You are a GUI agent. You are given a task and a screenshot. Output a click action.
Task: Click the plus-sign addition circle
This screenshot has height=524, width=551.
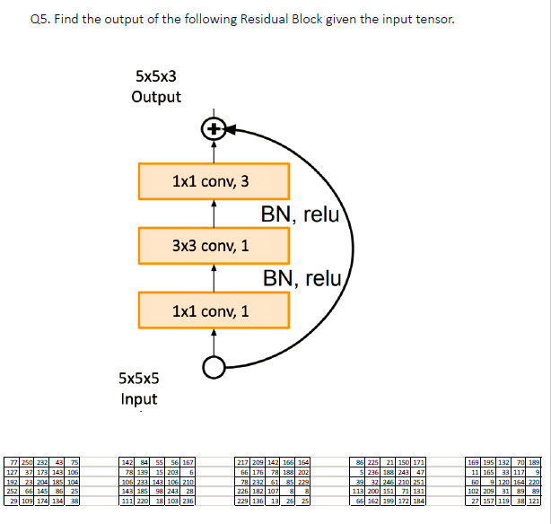coord(214,129)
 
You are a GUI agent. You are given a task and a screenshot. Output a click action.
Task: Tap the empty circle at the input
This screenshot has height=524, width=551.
coord(214,366)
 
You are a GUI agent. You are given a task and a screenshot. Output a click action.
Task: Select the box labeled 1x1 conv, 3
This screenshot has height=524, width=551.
coord(214,181)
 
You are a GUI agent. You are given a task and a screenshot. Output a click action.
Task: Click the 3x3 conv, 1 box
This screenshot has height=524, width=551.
coord(214,245)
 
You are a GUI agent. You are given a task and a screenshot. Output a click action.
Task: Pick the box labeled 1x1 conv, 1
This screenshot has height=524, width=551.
coord(214,310)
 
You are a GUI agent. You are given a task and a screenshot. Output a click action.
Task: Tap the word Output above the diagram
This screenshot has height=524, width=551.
coord(156,97)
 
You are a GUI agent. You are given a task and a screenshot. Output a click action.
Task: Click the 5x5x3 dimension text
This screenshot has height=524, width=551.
coord(156,77)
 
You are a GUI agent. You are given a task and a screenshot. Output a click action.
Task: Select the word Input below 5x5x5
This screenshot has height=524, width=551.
coord(138,398)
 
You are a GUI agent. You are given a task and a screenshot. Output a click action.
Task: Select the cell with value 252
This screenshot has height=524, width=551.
coord(13,491)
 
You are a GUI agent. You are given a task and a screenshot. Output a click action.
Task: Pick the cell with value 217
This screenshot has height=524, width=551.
coord(241,462)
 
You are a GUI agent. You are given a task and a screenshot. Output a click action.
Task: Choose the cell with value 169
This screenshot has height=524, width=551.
coord(475,462)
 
